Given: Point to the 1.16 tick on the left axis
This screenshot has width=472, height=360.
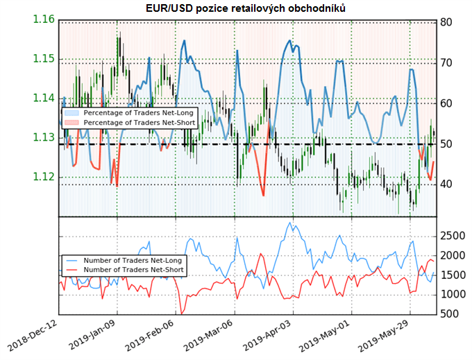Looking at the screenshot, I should (x=43, y=19).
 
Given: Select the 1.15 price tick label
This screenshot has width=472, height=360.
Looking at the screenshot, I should (x=43, y=58).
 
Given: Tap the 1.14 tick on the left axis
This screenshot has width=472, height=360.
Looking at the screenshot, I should (x=43, y=98).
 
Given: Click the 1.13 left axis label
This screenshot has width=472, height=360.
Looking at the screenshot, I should (x=43, y=137).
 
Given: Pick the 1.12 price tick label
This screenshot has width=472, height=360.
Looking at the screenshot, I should (x=43, y=177).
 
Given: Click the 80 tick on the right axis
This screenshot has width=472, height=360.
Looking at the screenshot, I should (x=447, y=22).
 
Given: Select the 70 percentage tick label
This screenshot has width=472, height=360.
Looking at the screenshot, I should (x=447, y=62).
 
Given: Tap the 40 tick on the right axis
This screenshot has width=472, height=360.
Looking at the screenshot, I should (x=447, y=184).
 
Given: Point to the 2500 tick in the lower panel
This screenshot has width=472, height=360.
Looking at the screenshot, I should (x=452, y=237).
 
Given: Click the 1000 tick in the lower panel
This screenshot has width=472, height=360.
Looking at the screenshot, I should (x=452, y=295).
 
